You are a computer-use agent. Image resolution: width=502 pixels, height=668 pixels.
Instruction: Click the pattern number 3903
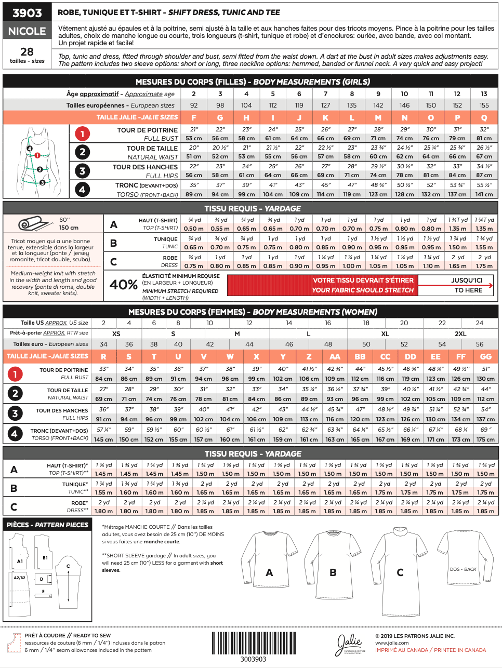[27, 13]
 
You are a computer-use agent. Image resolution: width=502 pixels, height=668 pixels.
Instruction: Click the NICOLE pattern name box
[27, 31]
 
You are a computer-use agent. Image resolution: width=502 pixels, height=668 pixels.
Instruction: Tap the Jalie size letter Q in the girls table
[484, 117]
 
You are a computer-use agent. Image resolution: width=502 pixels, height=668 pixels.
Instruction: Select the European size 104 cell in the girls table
[246, 105]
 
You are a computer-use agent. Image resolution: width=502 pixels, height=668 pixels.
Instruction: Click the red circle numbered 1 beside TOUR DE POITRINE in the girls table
[82, 133]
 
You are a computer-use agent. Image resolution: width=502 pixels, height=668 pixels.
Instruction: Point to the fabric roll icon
[32, 224]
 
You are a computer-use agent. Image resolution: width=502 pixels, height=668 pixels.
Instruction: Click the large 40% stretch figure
[123, 285]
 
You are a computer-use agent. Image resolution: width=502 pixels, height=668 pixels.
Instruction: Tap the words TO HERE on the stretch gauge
[468, 290]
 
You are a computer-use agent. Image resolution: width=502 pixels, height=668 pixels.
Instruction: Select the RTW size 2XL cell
[460, 333]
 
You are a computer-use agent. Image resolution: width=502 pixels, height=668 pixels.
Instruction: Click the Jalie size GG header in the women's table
[485, 356]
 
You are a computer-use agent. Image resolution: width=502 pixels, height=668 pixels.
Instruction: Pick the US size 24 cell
[480, 323]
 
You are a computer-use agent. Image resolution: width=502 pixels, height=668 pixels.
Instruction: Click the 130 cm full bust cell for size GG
[485, 379]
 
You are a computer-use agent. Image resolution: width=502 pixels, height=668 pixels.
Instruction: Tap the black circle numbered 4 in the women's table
[15, 434]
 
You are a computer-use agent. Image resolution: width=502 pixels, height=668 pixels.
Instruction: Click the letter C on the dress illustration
[400, 572]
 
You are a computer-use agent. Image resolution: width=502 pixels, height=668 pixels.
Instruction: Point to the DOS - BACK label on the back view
[463, 569]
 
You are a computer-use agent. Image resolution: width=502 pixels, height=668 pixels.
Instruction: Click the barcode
[254, 643]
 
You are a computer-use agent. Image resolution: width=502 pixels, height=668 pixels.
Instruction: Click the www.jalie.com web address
[392, 643]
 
